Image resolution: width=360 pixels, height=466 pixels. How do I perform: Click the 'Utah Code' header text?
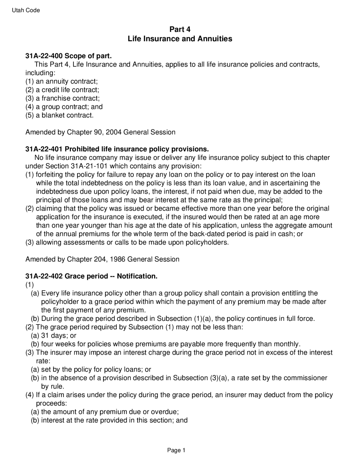pos(26,10)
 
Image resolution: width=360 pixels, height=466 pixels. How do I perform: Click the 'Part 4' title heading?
pos(180,29)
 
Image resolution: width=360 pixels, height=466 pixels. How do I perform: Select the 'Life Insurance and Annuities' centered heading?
pos(180,39)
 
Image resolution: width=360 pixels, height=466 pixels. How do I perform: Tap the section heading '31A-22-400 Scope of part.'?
pos(69,56)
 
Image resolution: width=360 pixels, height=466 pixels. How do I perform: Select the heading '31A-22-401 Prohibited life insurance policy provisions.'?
pos(117,149)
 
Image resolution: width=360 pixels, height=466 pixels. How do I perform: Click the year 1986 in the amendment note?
pos(117,259)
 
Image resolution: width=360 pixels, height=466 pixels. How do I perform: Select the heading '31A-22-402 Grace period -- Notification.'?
pos(91,276)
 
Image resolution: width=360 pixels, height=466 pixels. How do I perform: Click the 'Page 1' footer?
pos(176,451)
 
